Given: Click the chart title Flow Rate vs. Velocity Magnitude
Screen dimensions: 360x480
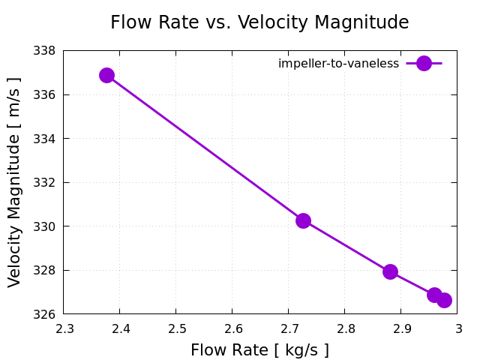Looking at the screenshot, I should pyautogui.click(x=259, y=22).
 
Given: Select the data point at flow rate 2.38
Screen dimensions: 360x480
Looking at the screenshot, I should pyautogui.click(x=106, y=75).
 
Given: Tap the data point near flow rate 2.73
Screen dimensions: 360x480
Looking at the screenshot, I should pyautogui.click(x=303, y=220).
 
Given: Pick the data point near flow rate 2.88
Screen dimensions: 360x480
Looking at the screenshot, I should pyautogui.click(x=390, y=271).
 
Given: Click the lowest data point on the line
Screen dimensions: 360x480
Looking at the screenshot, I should pyautogui.click(x=444, y=300).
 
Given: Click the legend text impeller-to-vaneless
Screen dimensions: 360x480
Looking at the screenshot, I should pyautogui.click(x=338, y=64).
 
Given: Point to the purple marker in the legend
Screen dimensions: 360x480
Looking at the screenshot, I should pyautogui.click(x=424, y=64).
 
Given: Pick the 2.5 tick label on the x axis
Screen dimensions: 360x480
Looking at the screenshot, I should pyautogui.click(x=175, y=328).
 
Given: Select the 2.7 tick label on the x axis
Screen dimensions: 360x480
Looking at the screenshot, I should pyautogui.click(x=288, y=328).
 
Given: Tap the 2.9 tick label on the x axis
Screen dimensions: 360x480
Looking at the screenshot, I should pyautogui.click(x=400, y=328).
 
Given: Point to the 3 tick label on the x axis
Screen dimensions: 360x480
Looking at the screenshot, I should pyautogui.click(x=457, y=328).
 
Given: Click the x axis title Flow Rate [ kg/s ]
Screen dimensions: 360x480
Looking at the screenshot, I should pyautogui.click(x=259, y=350).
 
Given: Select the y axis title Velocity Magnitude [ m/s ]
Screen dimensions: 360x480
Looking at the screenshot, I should pyautogui.click(x=15, y=182).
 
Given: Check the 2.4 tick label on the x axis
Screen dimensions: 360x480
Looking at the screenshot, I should pyautogui.click(x=119, y=328).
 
